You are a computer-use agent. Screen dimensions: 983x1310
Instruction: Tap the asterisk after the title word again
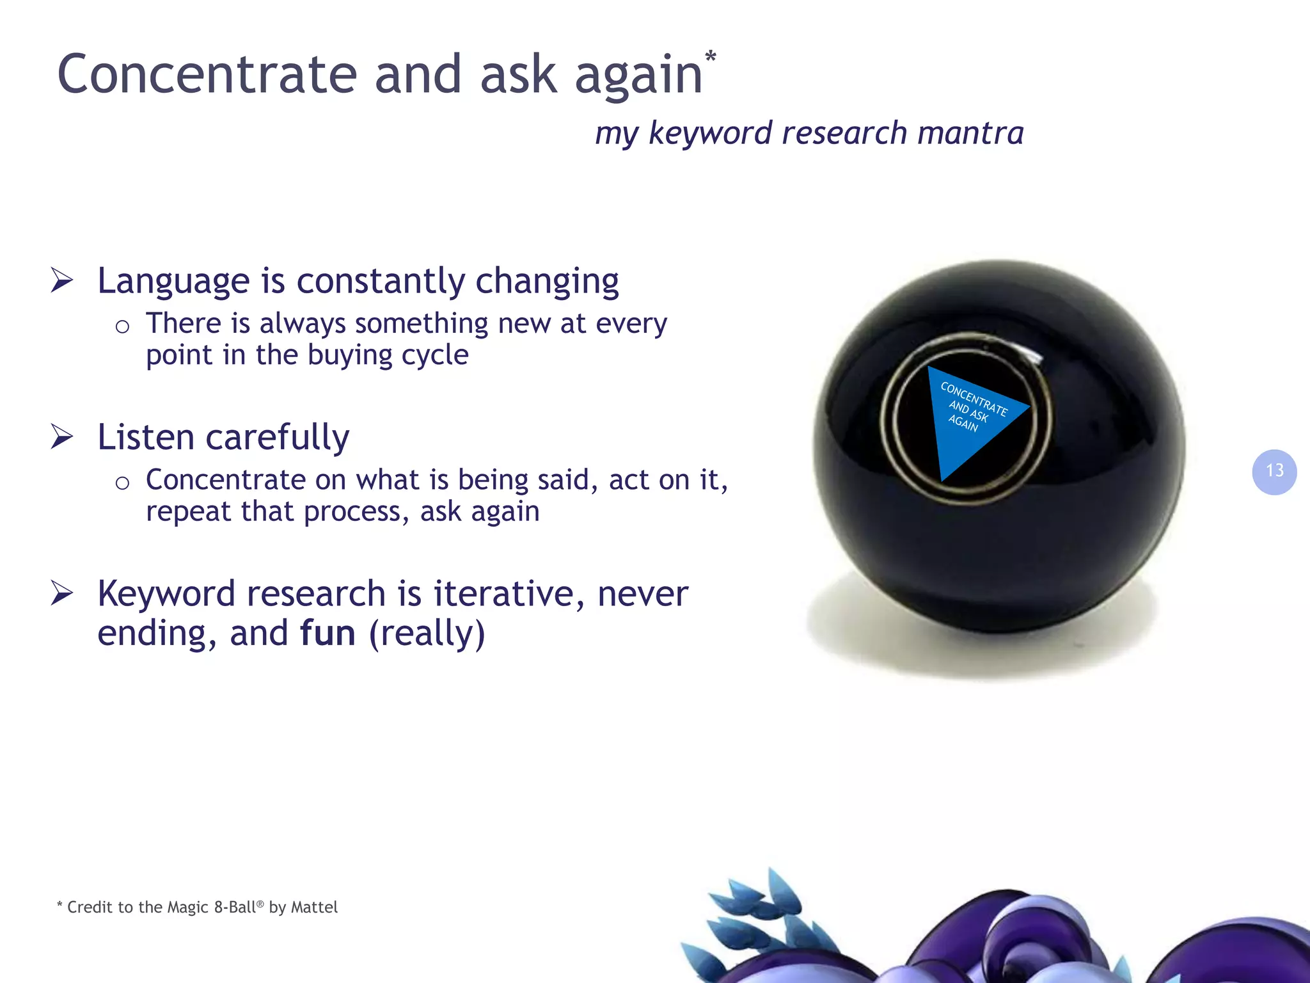pos(710,58)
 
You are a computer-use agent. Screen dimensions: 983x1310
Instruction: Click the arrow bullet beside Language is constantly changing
pos(62,280)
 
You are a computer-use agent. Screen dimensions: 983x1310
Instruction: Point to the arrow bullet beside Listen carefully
pos(62,436)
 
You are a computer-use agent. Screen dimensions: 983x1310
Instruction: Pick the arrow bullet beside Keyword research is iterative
pos(62,593)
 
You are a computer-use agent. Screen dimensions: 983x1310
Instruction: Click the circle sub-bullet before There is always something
pos(122,327)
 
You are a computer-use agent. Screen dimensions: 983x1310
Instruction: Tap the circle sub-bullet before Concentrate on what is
pos(122,483)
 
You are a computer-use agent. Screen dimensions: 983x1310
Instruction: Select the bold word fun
pos(327,633)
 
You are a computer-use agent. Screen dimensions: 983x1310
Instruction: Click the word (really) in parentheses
pos(427,633)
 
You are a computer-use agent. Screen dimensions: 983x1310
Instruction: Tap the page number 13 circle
pos(1274,472)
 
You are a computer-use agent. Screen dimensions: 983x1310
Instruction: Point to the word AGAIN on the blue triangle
pos(963,423)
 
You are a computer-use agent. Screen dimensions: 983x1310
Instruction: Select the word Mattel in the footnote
pos(314,907)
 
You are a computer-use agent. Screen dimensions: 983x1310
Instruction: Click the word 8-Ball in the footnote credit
pos(235,907)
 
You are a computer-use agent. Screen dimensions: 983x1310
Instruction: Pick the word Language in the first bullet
pos(173,282)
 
